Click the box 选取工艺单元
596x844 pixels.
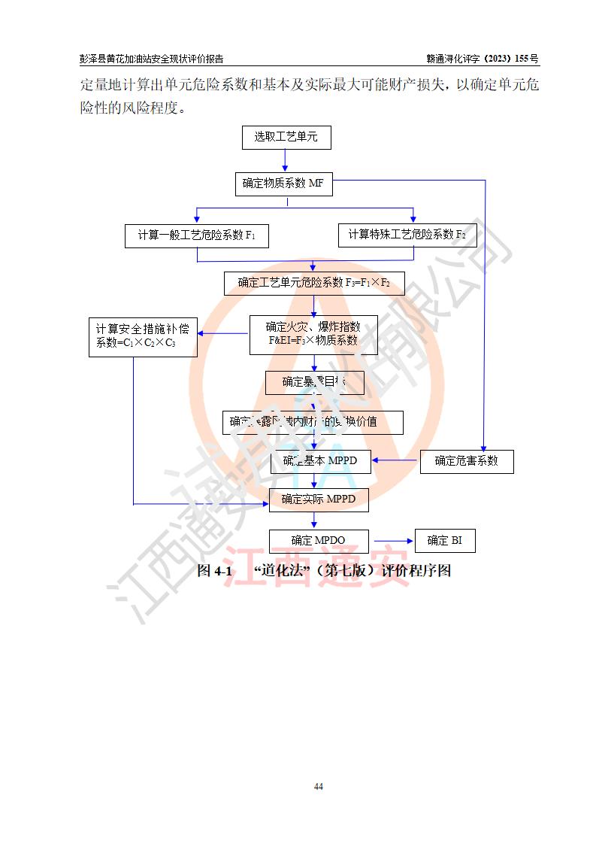coord(286,137)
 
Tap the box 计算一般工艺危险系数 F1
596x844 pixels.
coord(197,235)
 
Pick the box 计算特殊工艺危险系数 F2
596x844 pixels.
coord(407,235)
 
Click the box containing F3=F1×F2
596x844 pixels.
coord(314,283)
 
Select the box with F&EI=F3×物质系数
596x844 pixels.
coord(313,334)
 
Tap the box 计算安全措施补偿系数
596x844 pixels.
coord(143,335)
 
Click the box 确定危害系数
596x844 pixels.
coord(466,461)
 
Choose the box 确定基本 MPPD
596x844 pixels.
coord(320,461)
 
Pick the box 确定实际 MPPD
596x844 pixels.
coord(319,499)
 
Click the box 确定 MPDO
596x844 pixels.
coord(319,541)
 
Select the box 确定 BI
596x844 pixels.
coord(444,541)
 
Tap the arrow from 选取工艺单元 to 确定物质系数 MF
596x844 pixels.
coord(286,160)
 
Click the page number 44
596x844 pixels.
coord(319,787)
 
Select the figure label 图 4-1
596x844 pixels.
coord(213,571)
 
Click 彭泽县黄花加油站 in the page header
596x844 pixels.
coord(110,59)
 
